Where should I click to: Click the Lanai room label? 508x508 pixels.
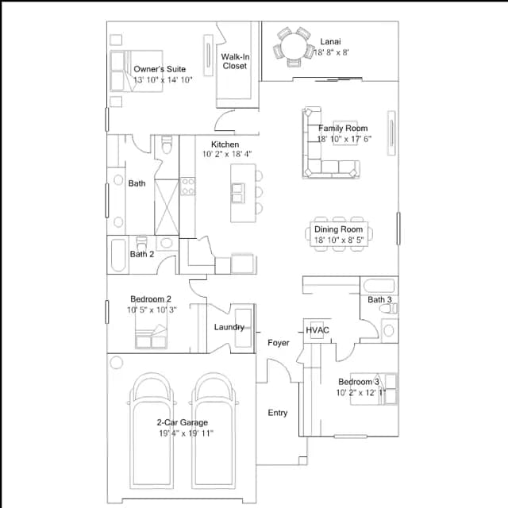[330, 42]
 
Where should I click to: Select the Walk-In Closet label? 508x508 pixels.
[235, 61]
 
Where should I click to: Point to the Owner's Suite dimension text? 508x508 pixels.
[163, 79]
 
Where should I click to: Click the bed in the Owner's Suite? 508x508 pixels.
[137, 71]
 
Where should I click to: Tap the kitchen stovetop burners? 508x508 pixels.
[187, 187]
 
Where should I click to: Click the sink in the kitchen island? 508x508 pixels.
[238, 193]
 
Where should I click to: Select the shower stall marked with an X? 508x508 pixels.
[167, 207]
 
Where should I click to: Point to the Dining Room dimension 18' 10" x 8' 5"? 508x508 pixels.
[339, 240]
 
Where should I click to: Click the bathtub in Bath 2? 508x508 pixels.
[118, 256]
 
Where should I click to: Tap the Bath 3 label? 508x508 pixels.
[379, 300]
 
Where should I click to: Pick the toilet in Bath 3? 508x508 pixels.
[389, 309]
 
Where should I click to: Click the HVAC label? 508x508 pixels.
[317, 330]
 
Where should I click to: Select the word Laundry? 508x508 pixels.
[229, 327]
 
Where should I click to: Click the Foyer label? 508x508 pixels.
[279, 343]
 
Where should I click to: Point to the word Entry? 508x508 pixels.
[278, 413]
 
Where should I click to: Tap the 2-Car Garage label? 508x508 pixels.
[183, 422]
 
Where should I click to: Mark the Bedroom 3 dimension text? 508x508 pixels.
[361, 393]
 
